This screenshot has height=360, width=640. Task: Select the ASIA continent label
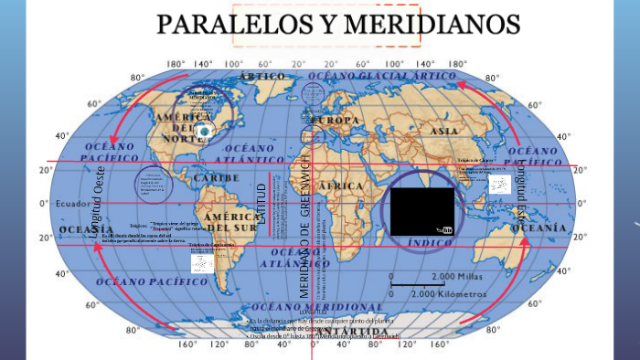[x=443, y=131]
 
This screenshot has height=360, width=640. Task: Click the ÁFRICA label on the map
[x=341, y=185]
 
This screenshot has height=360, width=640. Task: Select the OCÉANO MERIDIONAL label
[x=316, y=307]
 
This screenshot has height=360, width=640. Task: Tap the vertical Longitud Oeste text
[x=101, y=205]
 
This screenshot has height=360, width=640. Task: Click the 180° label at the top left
[x=176, y=64]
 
